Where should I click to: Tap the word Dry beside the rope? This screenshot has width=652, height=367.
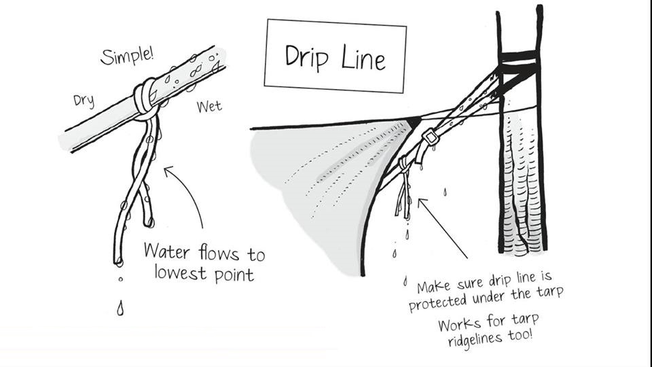[83, 100]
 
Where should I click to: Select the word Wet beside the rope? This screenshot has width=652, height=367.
[209, 107]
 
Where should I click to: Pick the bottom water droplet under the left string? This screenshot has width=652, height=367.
[120, 309]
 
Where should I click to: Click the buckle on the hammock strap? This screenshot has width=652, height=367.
[429, 139]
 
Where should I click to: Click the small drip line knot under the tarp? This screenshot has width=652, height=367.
[403, 163]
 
